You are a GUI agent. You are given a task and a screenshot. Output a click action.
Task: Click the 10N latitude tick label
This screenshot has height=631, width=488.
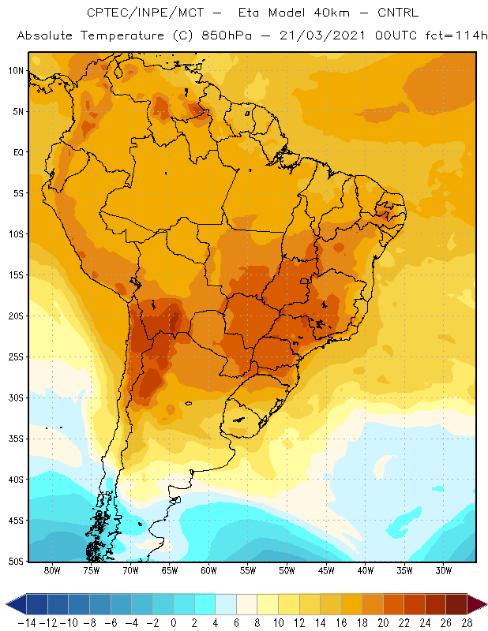(x=16, y=71)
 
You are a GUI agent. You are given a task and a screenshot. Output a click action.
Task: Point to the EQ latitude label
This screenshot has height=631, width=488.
(x=18, y=152)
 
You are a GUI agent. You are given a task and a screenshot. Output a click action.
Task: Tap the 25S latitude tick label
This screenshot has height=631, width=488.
(x=16, y=357)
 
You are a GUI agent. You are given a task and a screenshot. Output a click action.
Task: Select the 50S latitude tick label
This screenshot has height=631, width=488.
(x=16, y=562)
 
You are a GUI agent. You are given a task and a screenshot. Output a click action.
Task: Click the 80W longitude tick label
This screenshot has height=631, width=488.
(x=52, y=571)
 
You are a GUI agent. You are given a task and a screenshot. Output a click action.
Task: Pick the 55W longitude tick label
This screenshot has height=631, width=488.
(x=248, y=571)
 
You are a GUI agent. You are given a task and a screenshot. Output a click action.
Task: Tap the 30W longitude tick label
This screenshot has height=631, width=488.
(x=444, y=571)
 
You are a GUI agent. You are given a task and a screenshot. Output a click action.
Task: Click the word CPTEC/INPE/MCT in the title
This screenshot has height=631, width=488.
(x=145, y=13)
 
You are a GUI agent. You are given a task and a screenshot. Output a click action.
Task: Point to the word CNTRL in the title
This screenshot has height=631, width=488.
(x=398, y=13)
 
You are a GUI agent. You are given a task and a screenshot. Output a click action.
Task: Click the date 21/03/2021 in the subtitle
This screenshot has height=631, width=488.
(x=322, y=35)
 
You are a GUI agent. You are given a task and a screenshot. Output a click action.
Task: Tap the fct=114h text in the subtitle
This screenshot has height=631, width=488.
(x=456, y=35)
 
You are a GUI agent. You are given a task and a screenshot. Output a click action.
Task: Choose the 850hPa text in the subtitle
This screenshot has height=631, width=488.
(x=227, y=35)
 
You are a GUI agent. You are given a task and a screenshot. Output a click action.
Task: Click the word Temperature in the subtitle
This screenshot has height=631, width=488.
(x=122, y=35)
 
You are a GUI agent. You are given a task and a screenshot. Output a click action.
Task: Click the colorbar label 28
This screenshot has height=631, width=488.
(x=467, y=623)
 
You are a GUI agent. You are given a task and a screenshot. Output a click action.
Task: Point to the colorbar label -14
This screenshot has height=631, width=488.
(x=27, y=623)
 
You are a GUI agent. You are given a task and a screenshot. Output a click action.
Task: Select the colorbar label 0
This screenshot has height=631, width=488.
(x=173, y=623)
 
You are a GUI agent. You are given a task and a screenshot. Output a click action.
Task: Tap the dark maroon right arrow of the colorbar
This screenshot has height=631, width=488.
(x=477, y=604)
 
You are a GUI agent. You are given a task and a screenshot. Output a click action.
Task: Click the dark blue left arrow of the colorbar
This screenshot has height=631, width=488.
(x=16, y=604)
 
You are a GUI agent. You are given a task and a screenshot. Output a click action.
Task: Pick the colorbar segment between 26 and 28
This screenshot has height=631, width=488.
(x=456, y=604)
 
